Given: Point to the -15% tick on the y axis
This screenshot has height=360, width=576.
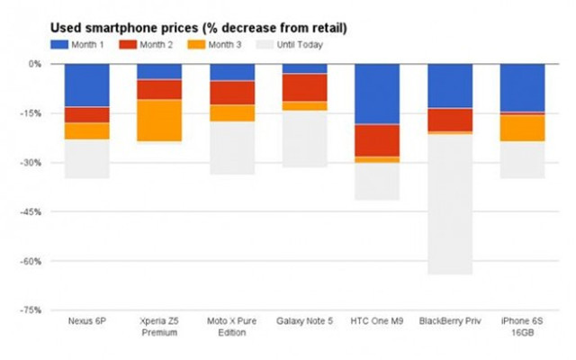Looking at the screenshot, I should point(34,113).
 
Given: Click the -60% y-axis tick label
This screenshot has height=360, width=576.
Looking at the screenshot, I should point(34,261).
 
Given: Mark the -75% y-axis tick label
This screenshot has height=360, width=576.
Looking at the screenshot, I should point(34,310).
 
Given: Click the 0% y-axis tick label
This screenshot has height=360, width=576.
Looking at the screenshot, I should point(37,64).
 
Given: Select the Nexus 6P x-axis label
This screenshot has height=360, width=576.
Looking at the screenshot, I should point(86,321).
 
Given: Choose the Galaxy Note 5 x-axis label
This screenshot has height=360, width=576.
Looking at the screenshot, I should point(304,321).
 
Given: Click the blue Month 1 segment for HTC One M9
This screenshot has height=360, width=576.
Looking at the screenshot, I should point(377,94).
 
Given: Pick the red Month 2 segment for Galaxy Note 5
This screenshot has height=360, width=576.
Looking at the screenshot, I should point(304,87).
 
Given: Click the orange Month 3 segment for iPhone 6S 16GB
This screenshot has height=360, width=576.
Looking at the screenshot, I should point(522,128).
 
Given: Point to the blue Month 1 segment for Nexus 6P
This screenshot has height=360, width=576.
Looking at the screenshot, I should point(86,85).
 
